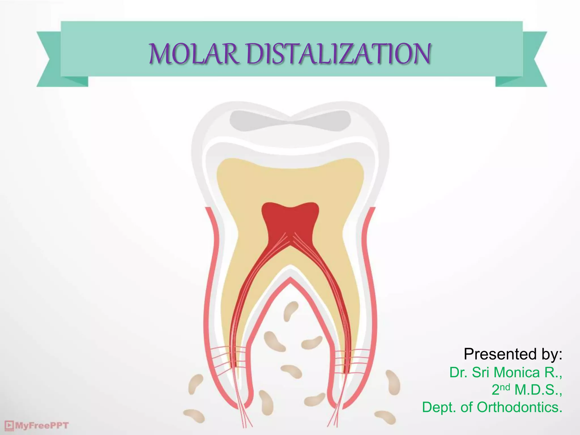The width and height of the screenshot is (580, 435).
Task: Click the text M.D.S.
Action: (538, 390)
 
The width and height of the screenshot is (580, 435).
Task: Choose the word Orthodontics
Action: (519, 407)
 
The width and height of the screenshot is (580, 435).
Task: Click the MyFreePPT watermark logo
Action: (37, 426)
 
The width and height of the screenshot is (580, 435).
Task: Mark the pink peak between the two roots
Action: (290, 280)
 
